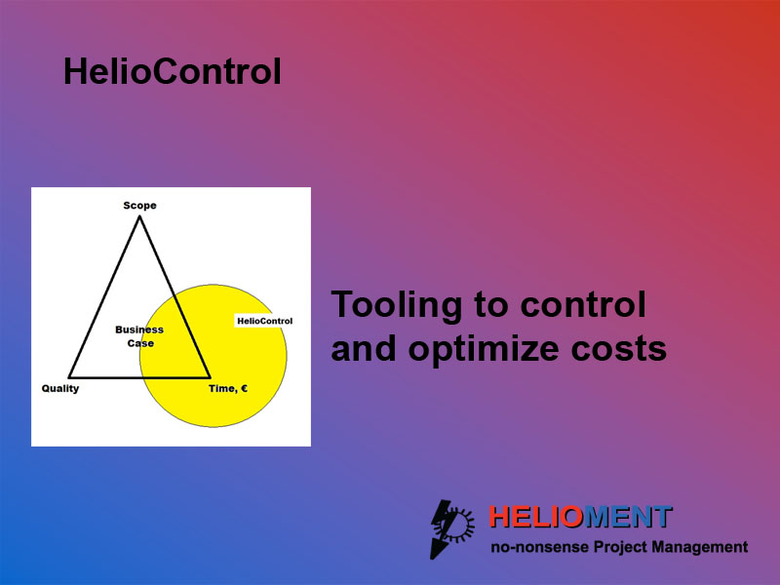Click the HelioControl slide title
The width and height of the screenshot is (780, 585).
(x=173, y=71)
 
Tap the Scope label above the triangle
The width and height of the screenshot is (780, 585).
(x=139, y=206)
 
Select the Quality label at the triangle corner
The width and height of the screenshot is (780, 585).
(x=60, y=388)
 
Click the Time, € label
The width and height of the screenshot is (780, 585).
(x=228, y=388)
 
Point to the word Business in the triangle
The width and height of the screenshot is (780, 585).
(x=139, y=330)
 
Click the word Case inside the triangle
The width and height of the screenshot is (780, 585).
(x=140, y=343)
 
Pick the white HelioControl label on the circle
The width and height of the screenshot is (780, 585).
(x=264, y=321)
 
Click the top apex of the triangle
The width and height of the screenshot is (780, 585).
(x=139, y=216)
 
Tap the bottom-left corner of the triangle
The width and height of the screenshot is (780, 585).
(x=69, y=377)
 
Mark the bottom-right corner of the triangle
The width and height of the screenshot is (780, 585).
(x=210, y=377)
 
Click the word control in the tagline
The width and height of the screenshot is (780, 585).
(x=583, y=304)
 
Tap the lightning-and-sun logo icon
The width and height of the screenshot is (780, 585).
(x=452, y=528)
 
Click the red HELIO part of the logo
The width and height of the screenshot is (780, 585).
(x=535, y=517)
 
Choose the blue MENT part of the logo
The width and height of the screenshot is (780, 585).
(x=627, y=517)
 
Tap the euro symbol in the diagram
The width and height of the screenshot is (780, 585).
(x=244, y=388)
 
